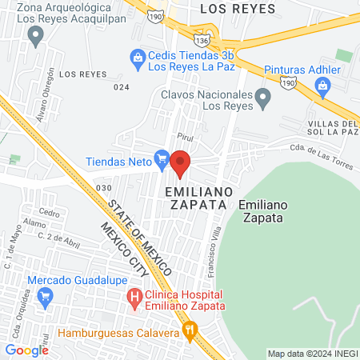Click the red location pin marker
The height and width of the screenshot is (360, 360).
(181, 162)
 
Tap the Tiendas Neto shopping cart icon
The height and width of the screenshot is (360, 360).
(162, 159)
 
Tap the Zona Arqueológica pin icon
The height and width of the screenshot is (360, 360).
(34, 34)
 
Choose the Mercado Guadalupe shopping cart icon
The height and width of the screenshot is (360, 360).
(45, 295)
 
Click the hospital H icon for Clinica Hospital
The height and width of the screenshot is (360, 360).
(134, 300)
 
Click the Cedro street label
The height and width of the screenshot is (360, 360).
(49, 213)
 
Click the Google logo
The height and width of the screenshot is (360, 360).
(27, 350)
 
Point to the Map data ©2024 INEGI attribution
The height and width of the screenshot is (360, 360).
(311, 353)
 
